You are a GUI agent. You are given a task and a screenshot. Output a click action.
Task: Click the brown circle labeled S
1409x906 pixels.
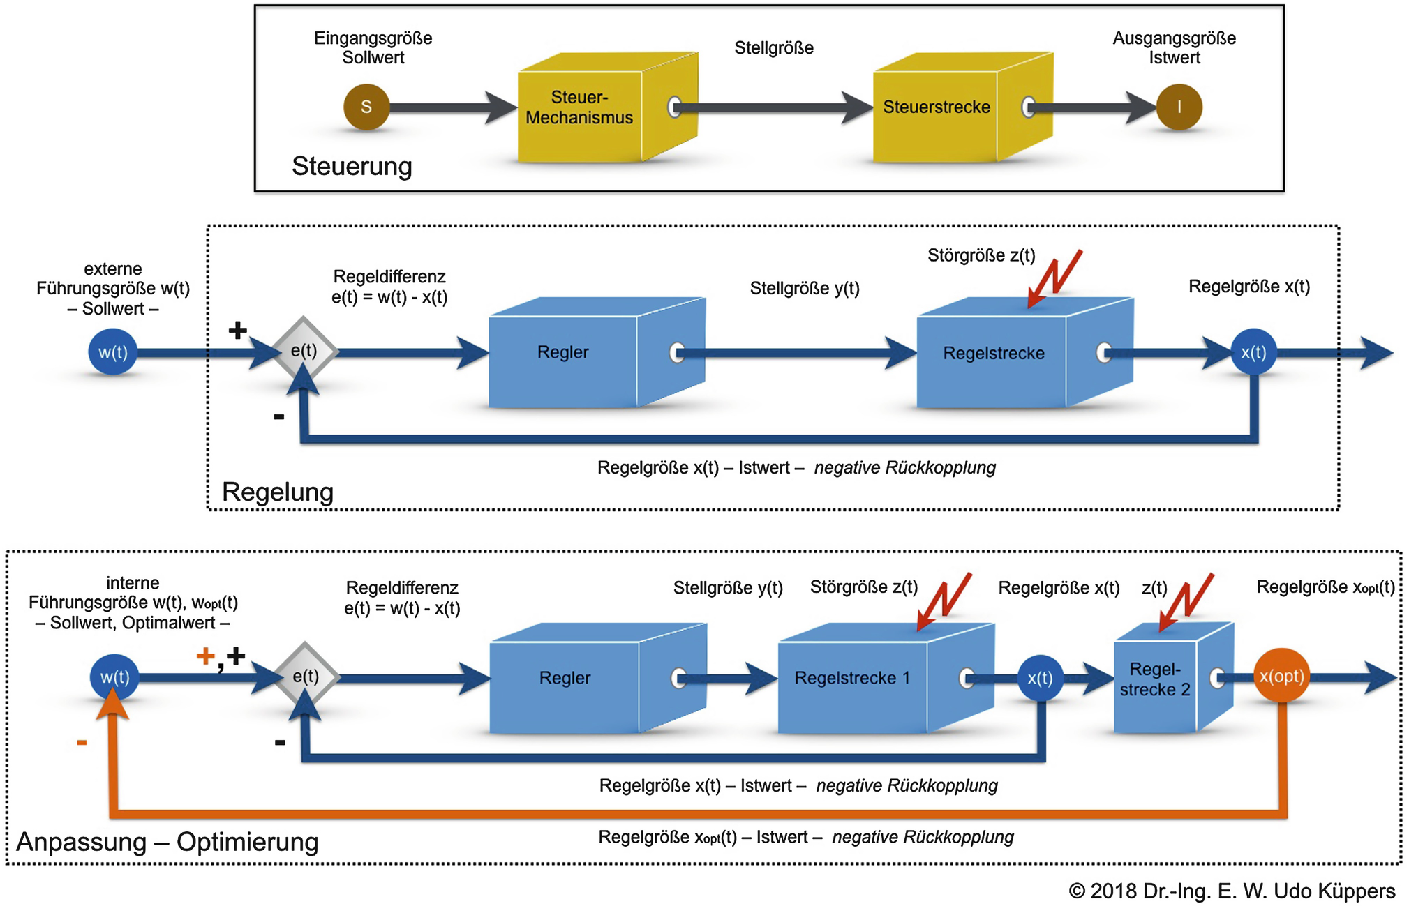click(366, 107)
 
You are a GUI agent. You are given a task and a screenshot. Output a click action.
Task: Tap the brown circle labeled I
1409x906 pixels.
click(1179, 107)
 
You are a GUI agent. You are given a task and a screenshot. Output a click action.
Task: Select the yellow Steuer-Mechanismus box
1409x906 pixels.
click(608, 107)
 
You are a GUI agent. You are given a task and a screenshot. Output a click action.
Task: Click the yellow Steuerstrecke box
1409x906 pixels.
click(963, 107)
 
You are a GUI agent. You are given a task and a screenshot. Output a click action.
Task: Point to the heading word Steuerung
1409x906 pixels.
click(352, 166)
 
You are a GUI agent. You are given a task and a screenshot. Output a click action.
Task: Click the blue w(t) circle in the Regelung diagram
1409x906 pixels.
click(112, 352)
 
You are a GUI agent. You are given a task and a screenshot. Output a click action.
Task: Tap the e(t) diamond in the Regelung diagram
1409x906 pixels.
click(304, 350)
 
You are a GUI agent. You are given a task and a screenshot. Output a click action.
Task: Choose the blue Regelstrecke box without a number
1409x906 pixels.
click(1025, 352)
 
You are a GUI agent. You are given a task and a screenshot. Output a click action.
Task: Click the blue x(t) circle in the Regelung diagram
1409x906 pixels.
click(1253, 352)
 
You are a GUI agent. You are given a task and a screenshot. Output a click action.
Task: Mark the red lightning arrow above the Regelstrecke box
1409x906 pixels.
click(1054, 278)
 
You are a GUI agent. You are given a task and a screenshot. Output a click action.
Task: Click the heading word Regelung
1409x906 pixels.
click(278, 492)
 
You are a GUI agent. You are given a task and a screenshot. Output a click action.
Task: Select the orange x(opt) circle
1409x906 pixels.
click(1281, 676)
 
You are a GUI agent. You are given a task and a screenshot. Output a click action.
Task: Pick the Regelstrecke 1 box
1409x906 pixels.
click(886, 677)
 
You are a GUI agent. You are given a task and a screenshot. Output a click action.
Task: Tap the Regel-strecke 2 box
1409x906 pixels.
click(1174, 677)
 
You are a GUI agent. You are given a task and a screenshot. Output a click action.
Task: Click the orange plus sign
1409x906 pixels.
click(205, 656)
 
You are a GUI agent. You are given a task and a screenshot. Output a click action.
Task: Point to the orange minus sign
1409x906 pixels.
click(82, 742)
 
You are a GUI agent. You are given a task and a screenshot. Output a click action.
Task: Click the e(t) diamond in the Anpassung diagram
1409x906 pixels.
click(306, 676)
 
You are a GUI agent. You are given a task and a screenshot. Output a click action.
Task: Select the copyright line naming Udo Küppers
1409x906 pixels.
click(1232, 891)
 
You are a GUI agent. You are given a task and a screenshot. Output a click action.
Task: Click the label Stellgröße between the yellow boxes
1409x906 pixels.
click(774, 47)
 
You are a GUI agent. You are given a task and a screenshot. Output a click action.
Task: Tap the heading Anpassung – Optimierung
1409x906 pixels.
click(167, 842)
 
